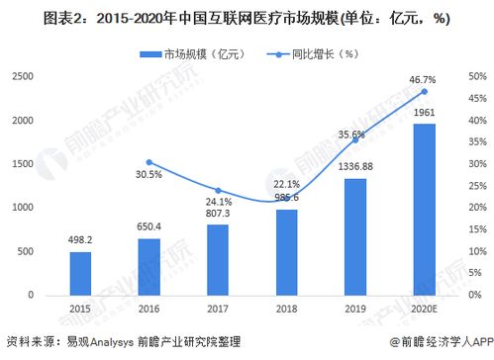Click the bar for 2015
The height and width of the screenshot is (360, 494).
click(x=81, y=274)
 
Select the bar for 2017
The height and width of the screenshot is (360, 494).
click(x=217, y=259)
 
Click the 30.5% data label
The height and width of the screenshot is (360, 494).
click(x=149, y=175)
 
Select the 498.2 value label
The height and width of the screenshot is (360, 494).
click(x=81, y=238)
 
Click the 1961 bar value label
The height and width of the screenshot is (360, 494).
click(x=424, y=113)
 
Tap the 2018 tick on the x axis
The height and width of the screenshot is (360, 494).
click(x=286, y=309)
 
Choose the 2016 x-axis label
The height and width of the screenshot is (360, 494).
click(x=149, y=309)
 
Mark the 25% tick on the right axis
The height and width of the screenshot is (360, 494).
click(x=477, y=186)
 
